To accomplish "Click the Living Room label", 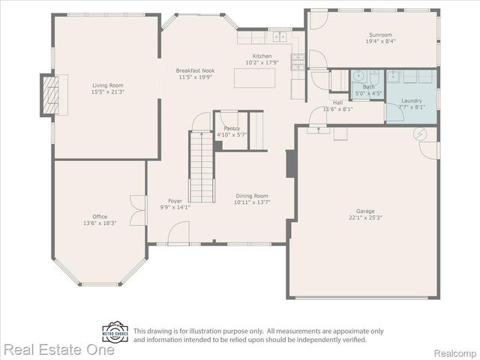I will click(107, 85).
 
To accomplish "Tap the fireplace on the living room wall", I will click(49, 95).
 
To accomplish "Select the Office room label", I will click(100, 217).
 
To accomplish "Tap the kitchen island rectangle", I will click(259, 77).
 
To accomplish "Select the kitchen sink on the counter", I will click(280, 36).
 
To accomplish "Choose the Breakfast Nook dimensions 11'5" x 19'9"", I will click(196, 77).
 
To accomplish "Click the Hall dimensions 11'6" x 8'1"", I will click(337, 109).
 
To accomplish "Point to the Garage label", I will click(365, 211).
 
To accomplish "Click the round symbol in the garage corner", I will click(420, 134).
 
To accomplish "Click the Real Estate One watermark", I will click(58, 349).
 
